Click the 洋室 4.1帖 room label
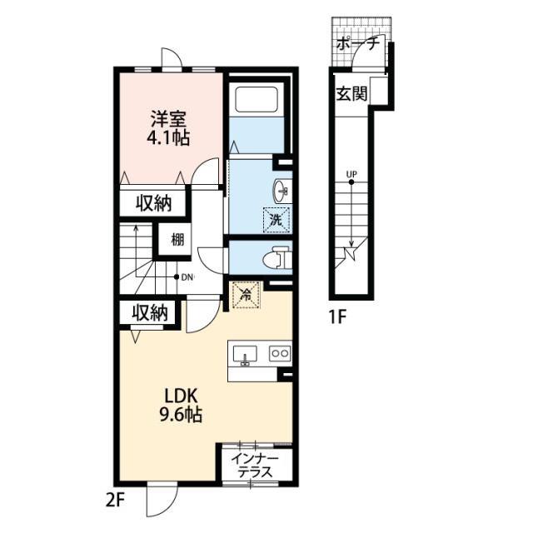click(x=168, y=128)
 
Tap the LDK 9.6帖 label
click(x=181, y=406)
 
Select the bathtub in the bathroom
click(x=257, y=99)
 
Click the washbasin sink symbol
click(x=281, y=191)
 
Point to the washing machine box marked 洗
click(x=276, y=220)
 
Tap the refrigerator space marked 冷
click(x=246, y=295)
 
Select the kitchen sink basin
click(x=245, y=356)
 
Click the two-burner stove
click(x=280, y=353)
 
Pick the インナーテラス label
click(x=255, y=466)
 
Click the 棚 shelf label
click(x=177, y=241)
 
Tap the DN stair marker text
click(x=187, y=277)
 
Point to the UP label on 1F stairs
click(x=351, y=174)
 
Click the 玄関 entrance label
click(x=351, y=94)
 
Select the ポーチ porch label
click(x=357, y=43)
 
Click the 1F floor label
click(x=337, y=318)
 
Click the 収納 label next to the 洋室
click(x=153, y=203)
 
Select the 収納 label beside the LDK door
click(x=150, y=313)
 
